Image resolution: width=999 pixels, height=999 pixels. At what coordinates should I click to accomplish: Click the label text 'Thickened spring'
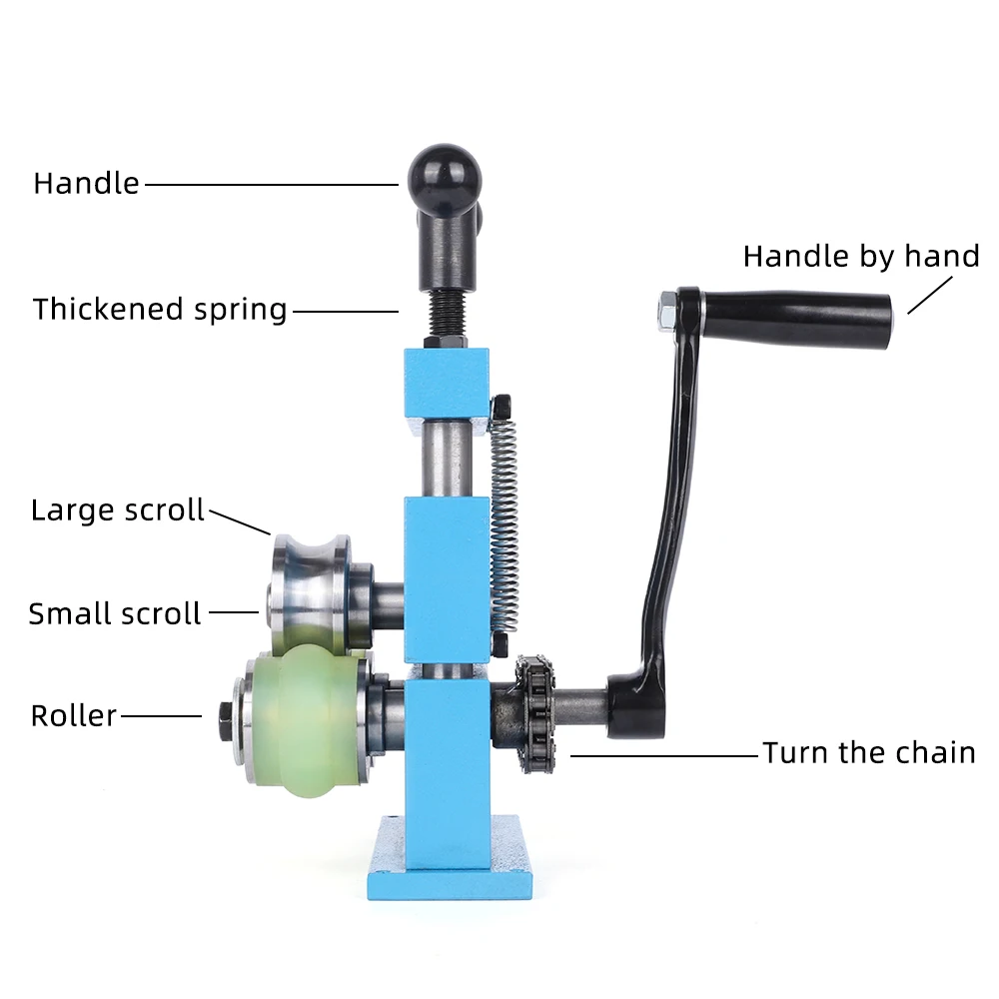tap(160, 310)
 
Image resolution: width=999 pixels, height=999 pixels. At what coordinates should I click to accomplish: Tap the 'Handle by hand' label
tap(860, 257)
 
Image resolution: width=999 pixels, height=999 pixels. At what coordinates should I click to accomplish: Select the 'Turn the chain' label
tap(868, 752)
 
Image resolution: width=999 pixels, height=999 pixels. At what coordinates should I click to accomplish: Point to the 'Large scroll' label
tap(118, 510)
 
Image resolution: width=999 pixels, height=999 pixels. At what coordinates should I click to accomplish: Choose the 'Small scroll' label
tap(115, 613)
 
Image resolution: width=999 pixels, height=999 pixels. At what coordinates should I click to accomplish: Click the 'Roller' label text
tap(74, 716)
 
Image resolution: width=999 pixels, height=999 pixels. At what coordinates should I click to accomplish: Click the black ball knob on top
tap(444, 176)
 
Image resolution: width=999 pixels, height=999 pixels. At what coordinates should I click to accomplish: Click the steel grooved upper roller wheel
tap(310, 589)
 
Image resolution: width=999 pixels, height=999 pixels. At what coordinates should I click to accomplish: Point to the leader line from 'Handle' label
tap(270, 184)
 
